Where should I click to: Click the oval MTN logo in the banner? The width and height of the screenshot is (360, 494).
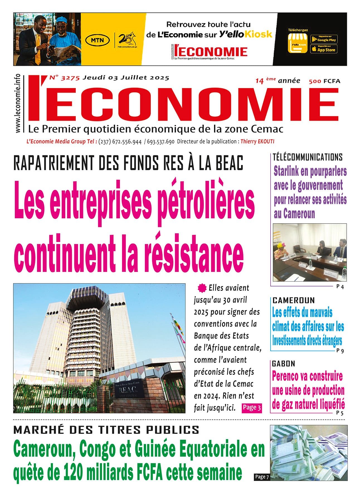tap(97, 40)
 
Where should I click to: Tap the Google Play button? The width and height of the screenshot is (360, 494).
tap(324, 39)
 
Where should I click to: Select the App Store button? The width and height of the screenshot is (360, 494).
tap(324, 50)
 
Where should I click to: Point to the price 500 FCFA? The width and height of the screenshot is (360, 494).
tap(324, 81)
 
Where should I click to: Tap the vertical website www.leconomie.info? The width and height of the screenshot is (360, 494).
tap(18, 103)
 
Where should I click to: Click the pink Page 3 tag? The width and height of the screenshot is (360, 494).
tap(252, 408)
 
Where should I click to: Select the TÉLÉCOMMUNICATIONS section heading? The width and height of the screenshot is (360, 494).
tap(307, 157)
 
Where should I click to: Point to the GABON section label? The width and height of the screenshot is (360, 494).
tap(283, 364)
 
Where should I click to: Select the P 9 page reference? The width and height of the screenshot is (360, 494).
tap(340, 351)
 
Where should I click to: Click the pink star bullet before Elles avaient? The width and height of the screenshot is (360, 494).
tap(201, 288)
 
